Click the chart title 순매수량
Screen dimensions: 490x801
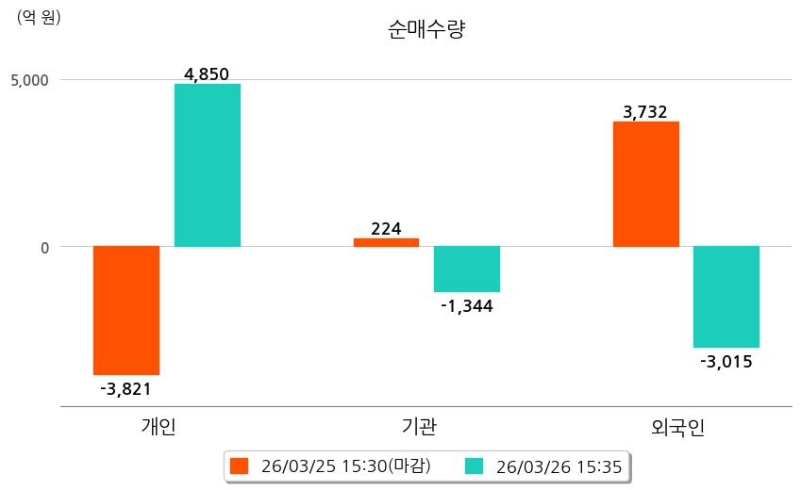pos(426,29)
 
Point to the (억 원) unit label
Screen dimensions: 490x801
pos(39,16)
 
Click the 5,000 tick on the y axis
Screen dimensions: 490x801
pos(29,80)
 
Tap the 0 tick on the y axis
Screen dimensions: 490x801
pos(42,247)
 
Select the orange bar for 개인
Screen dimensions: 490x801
pos(126,310)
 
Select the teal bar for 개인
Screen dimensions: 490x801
pos(208,166)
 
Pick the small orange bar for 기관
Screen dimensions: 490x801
pos(386,242)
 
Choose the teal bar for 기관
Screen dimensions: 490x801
pos(467,269)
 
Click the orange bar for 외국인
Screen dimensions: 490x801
pos(646,185)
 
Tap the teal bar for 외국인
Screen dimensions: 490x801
pos(726,297)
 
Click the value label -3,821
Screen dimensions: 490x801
pos(126,388)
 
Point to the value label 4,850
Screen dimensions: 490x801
pos(208,74)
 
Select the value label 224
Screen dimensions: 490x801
pos(386,228)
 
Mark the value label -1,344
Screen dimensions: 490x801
pos(467,305)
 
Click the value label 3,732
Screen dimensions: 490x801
pos(646,112)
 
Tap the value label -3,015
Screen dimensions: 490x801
pos(726,361)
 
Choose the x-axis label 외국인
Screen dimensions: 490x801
pos(678,428)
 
